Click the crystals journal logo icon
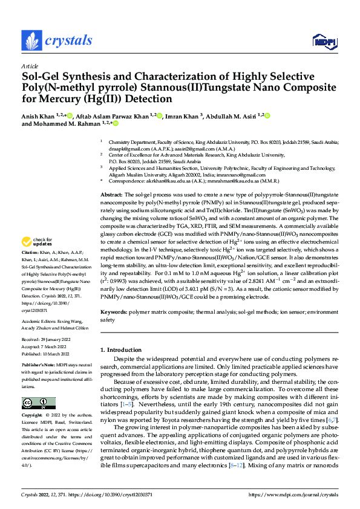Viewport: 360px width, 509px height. point(30,41)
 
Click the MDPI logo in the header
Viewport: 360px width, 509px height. point(323,41)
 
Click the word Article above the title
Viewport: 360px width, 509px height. point(30,66)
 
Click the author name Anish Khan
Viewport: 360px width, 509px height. point(39,115)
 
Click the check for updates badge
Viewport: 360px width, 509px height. point(41,242)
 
